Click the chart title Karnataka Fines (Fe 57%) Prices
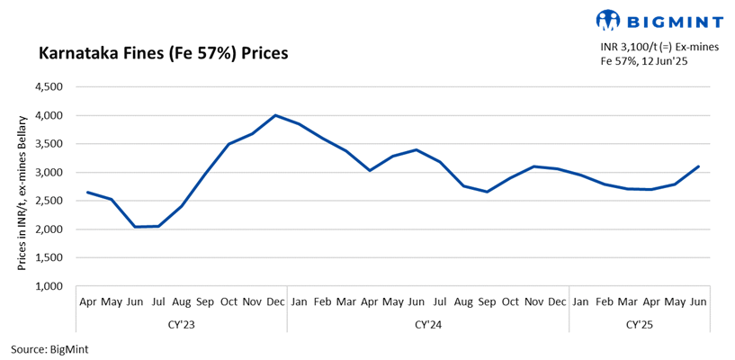pyautogui.click(x=163, y=53)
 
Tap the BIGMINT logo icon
pyautogui.click(x=609, y=19)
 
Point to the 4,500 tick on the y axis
pyautogui.click(x=48, y=87)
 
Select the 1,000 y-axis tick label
pyautogui.click(x=48, y=286)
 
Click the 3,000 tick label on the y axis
pyautogui.click(x=48, y=173)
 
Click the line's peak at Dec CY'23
pyautogui.click(x=274, y=115)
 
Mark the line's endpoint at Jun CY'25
pyautogui.click(x=698, y=166)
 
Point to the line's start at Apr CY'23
pyautogui.click(x=87, y=192)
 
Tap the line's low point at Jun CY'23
pyautogui.click(x=134, y=227)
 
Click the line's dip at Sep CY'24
pyautogui.click(x=487, y=192)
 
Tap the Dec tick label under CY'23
pyautogui.click(x=274, y=302)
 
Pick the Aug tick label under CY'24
pyautogui.click(x=463, y=302)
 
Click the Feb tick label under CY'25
pyautogui.click(x=605, y=302)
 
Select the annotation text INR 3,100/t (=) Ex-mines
pyautogui.click(x=659, y=47)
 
